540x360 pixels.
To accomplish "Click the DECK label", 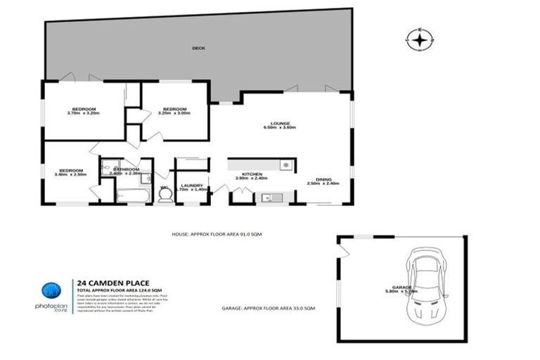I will [x=199, y=49].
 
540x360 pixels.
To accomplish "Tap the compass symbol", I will [x=420, y=40].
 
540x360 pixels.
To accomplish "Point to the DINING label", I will [x=323, y=181].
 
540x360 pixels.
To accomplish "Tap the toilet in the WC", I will [x=165, y=197].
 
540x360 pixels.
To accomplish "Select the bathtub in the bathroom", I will [x=132, y=193].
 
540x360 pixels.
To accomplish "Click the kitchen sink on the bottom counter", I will [x=267, y=198].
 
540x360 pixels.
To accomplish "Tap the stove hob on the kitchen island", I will [x=285, y=165].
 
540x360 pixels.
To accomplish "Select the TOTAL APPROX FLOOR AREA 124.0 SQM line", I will [x=114, y=292].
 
